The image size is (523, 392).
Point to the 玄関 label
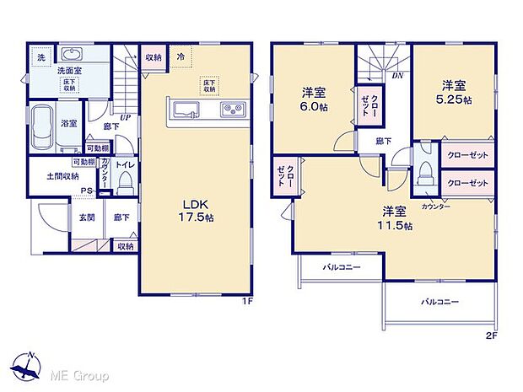pos(87,217)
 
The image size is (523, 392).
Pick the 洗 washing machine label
pos(40,57)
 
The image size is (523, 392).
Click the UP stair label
pos(124,118)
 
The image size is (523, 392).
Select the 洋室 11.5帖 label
pos(396,217)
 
